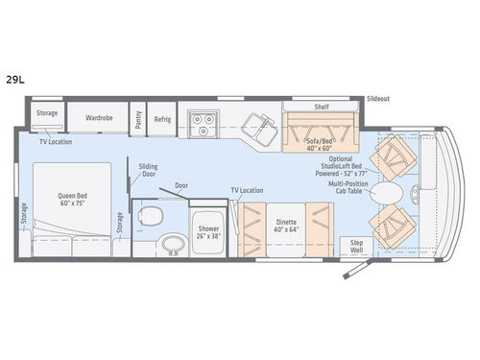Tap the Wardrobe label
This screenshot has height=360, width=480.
[x=99, y=118]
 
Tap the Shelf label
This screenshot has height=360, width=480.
[x=322, y=107]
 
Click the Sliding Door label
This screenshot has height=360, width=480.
[x=148, y=169]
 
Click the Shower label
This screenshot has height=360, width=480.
[x=208, y=232]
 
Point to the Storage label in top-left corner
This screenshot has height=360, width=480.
[x=47, y=113]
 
